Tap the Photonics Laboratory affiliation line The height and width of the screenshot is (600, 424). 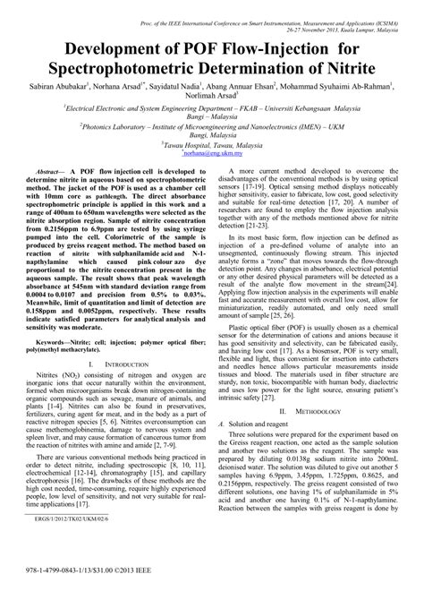pyautogui.click(x=212, y=128)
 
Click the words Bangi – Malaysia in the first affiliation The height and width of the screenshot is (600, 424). pyautogui.click(x=212, y=116)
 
